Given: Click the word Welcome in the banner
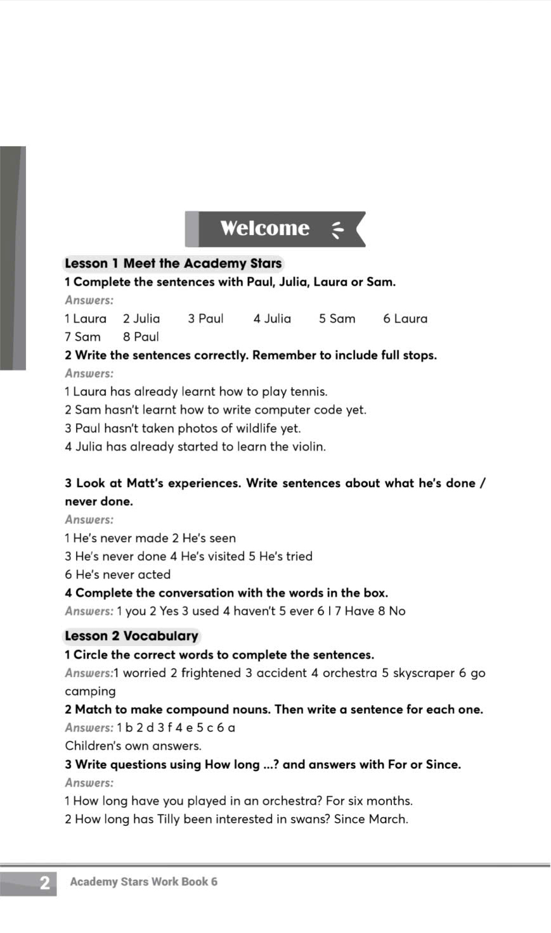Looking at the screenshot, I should coord(264,228).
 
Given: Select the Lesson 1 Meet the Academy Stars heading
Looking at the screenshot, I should coord(173,263).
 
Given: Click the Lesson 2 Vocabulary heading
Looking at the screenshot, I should coord(131,636).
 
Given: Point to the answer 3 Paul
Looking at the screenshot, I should coord(205,319).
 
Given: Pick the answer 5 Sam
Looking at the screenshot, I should coord(337,319).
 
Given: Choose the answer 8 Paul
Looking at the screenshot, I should coord(141,337).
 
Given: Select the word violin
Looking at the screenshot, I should coord(308,447).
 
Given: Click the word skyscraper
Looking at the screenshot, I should coord(424,673).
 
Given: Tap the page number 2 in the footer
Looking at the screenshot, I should coord(44,883).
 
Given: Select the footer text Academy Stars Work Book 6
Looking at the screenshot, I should coord(144,882).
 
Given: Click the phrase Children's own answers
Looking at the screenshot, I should coord(133,746).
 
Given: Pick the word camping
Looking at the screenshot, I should coord(90,691).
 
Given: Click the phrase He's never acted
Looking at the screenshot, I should coord(117,574).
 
